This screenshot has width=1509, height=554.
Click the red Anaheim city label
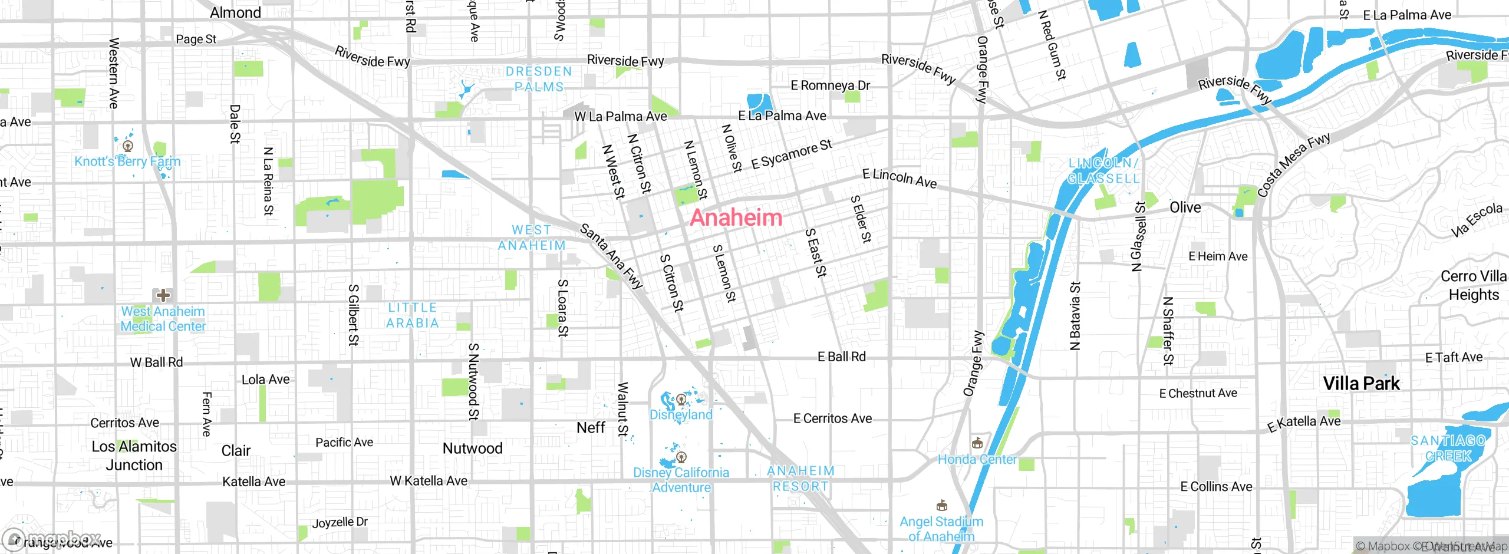tap(736, 217)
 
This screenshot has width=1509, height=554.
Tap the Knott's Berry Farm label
tap(127, 161)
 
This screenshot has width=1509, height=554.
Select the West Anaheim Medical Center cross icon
tap(163, 295)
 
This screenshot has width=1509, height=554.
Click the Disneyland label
tap(681, 414)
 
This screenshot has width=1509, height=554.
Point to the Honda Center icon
tap(977, 442)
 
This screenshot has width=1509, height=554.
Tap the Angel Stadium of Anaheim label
tap(941, 529)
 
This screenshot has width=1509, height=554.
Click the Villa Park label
tap(1360, 384)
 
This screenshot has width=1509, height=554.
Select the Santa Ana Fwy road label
tap(611, 256)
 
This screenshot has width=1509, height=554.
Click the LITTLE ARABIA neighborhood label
tap(413, 315)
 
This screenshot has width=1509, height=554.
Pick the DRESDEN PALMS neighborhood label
tap(539, 79)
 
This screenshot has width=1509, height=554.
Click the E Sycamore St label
tap(791, 154)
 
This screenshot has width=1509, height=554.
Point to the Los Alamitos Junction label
tap(134, 456)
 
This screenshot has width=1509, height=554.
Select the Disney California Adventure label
tap(681, 480)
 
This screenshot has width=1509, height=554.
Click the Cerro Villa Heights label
tap(1473, 285)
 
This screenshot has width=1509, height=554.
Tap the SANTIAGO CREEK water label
tap(1448, 448)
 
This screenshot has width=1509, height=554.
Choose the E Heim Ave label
tap(1218, 256)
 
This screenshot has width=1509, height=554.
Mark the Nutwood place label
tap(472, 449)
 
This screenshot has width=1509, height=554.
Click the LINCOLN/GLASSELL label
tap(1103, 170)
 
